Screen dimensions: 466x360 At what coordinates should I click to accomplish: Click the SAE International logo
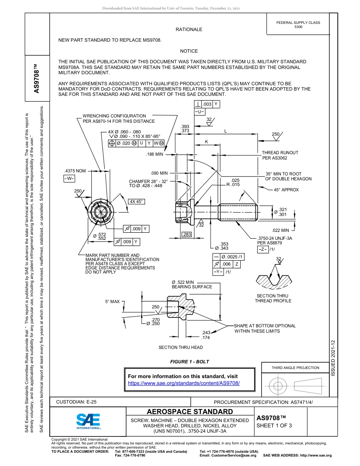(x=88, y=421)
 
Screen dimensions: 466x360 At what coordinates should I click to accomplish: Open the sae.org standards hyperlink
(x=184, y=383)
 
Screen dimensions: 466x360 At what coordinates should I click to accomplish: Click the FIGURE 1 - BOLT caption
(x=189, y=361)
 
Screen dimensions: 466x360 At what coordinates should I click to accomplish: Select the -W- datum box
(x=69, y=178)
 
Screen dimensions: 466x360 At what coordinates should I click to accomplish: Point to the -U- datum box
(x=200, y=112)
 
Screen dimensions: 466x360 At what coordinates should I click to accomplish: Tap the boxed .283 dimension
(x=187, y=235)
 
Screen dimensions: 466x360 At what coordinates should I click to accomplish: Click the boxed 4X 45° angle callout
(x=136, y=202)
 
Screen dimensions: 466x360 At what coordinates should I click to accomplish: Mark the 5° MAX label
(x=112, y=302)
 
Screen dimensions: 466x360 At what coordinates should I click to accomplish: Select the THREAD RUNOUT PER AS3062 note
(x=280, y=155)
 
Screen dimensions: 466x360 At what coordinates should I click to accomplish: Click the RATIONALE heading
(x=189, y=30)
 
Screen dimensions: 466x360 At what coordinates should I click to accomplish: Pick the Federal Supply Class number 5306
(x=298, y=27)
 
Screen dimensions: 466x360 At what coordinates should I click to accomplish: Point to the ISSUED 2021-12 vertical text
(x=333, y=358)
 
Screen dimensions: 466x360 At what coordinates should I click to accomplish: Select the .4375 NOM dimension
(x=75, y=171)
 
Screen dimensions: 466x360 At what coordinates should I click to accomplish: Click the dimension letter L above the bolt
(x=225, y=131)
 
